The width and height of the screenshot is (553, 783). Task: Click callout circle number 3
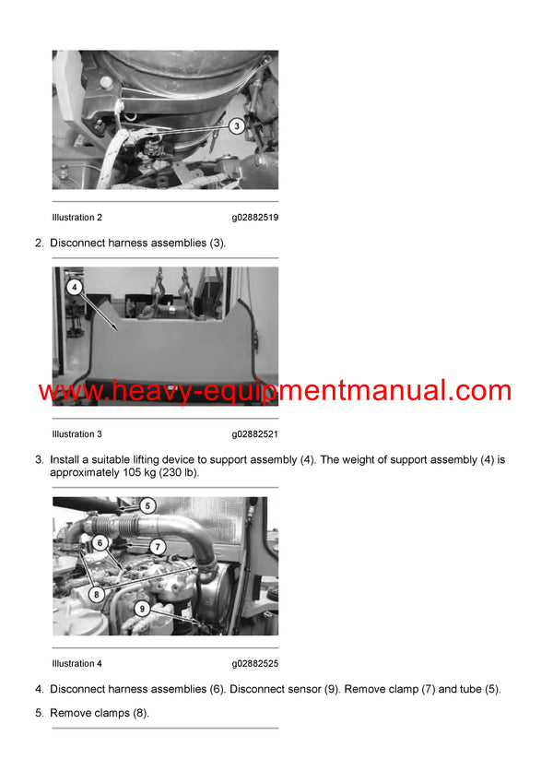236,125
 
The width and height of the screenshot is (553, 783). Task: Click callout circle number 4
75,288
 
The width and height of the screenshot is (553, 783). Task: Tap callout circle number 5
147,505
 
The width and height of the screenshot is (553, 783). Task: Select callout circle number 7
158,546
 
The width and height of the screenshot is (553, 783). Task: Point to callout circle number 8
97,595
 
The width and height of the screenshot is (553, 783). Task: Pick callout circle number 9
141,609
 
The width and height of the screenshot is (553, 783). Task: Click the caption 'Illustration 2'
77,218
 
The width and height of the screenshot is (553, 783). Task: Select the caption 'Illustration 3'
77,433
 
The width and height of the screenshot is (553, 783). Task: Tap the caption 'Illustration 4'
77,663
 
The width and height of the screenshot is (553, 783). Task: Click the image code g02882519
254,218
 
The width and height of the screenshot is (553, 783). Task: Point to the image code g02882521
254,433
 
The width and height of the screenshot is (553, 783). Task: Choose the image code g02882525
254,663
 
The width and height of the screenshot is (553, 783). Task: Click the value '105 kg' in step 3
134,472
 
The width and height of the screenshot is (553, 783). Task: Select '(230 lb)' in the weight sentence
177,472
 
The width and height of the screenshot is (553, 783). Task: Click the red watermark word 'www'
69,391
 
